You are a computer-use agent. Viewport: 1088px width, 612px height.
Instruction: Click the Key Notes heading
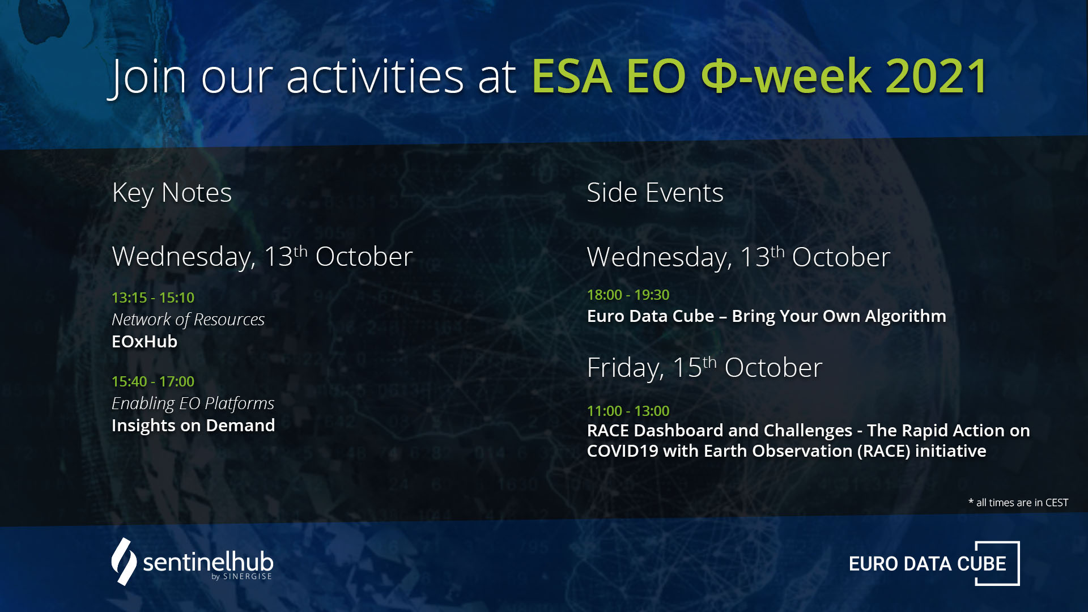(172, 193)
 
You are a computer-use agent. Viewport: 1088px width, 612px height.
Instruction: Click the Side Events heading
(655, 193)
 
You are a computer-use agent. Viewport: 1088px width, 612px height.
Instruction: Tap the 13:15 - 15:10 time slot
(153, 297)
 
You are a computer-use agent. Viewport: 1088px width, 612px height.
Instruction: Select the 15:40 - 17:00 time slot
(153, 381)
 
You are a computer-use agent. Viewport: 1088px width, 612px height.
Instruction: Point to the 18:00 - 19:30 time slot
(628, 295)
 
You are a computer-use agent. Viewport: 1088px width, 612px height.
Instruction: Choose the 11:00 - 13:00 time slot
(628, 411)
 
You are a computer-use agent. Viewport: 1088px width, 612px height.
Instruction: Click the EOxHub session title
(144, 342)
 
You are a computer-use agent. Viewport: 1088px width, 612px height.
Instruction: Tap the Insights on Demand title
(193, 426)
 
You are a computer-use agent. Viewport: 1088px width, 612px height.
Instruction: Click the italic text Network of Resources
(188, 320)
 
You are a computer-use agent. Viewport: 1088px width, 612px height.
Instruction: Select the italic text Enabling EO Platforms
(193, 403)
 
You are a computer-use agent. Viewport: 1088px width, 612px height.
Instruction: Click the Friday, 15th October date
(704, 368)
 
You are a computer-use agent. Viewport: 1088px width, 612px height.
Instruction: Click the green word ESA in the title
(572, 76)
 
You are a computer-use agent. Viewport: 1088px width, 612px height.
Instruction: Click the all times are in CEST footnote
(1018, 503)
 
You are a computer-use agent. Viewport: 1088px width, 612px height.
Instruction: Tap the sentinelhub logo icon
(124, 562)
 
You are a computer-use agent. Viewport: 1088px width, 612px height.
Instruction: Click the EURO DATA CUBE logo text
(928, 564)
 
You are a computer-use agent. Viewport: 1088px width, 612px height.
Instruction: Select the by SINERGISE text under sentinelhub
(241, 576)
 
